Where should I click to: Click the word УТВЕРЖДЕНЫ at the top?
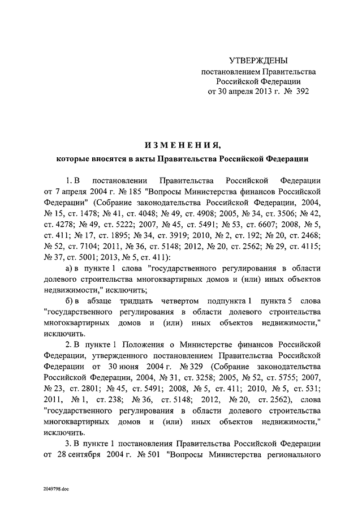(258, 61)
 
